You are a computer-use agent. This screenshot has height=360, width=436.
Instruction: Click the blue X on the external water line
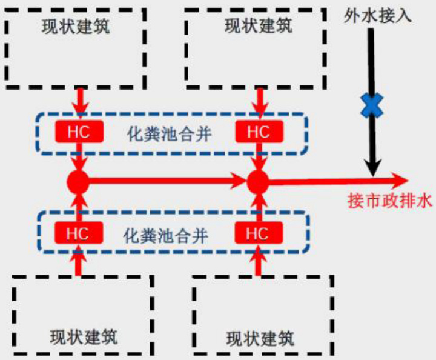(371, 105)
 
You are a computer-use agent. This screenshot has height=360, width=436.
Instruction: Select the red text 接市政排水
(389, 201)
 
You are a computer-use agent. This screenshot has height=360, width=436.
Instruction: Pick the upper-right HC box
(259, 132)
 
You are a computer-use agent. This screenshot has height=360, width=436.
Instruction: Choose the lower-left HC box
(78, 233)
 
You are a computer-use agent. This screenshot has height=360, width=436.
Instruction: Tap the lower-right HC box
(258, 233)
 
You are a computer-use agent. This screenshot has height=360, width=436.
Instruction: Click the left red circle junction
(78, 180)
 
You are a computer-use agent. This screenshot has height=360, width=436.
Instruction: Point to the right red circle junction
(258, 180)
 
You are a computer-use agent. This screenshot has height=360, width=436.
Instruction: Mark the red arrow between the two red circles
(163, 180)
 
